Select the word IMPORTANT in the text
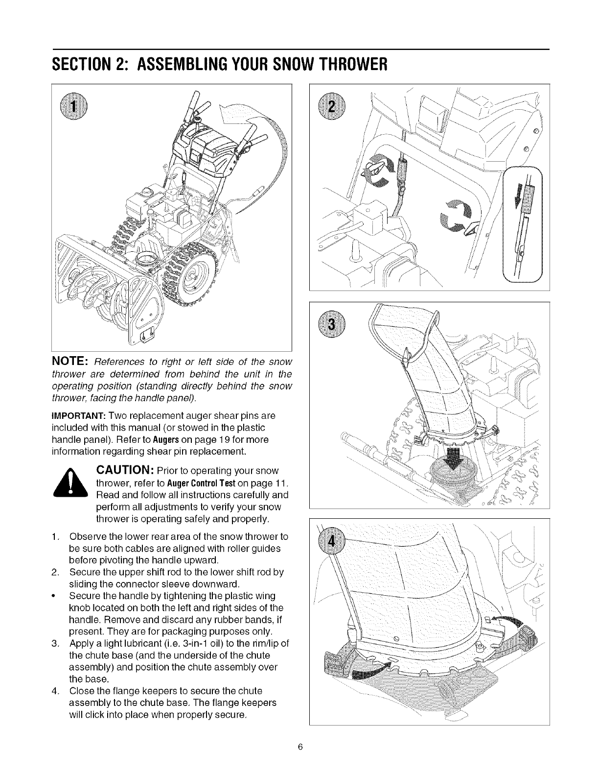pos(73,416)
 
